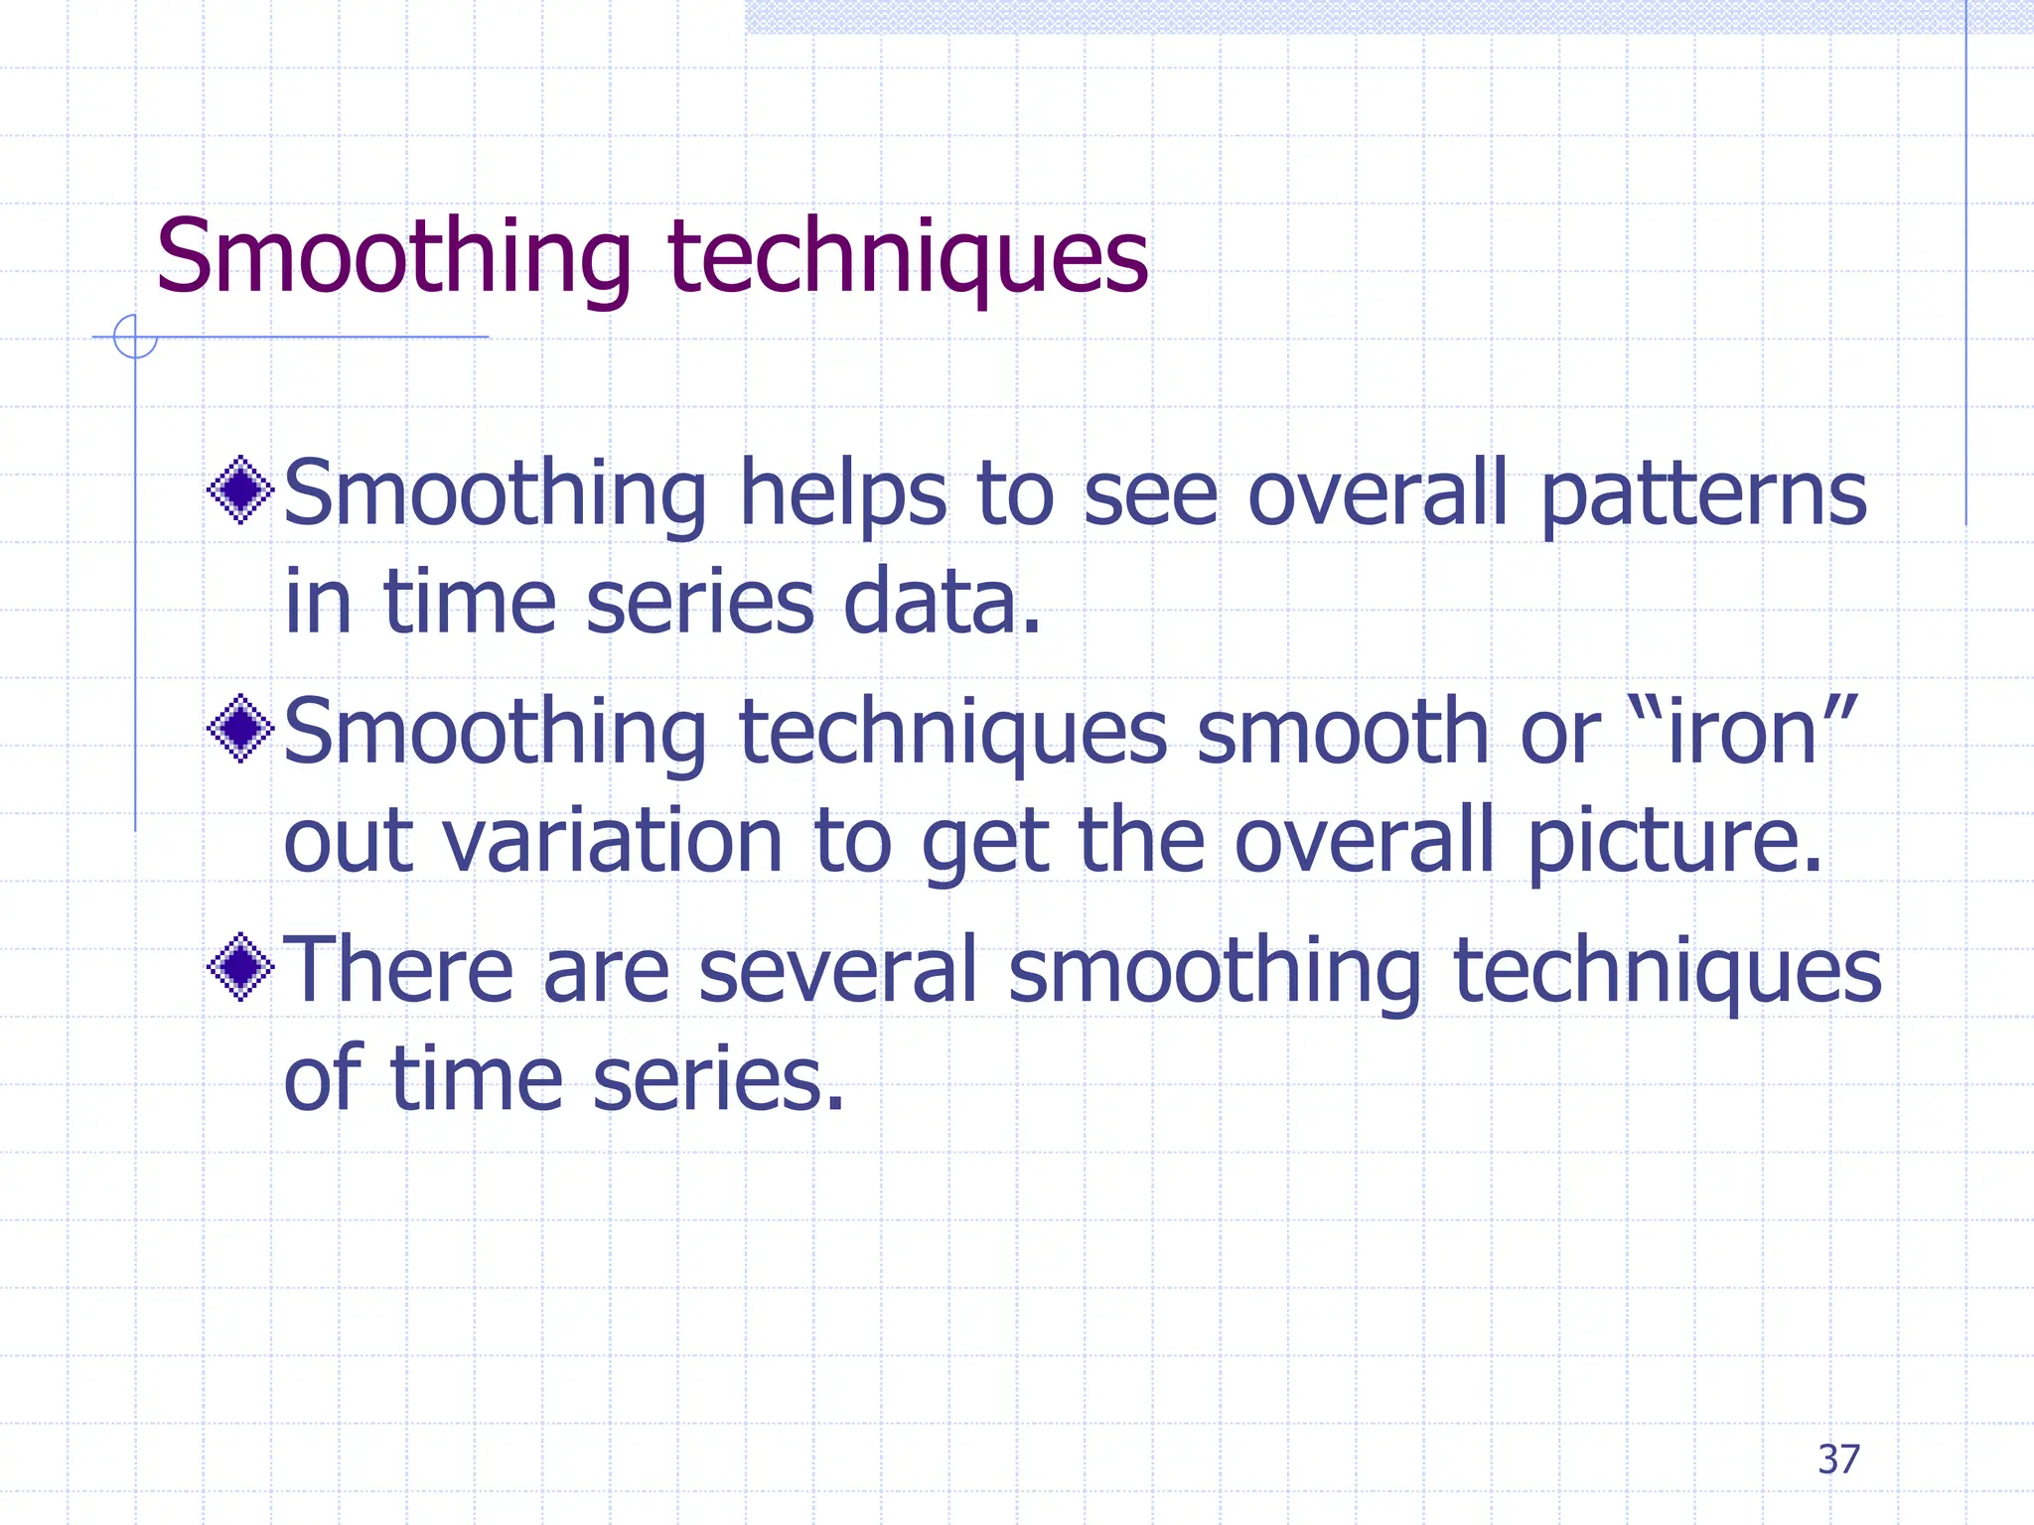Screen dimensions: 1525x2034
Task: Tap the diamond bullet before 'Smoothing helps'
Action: pyautogui.click(x=240, y=489)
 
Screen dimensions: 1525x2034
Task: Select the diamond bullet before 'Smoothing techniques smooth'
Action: pyautogui.click(x=240, y=729)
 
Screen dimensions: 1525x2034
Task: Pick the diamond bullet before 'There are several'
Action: pyautogui.click(x=240, y=967)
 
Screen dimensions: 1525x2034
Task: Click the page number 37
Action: pyautogui.click(x=1838, y=1459)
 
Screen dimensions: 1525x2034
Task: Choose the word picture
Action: pyautogui.click(x=1673, y=841)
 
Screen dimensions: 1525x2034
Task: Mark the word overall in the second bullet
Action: pyautogui.click(x=1364, y=841)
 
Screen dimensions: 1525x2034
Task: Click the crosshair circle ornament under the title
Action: pyautogui.click(x=135, y=337)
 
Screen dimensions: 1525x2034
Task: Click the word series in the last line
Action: pyautogui.click(x=718, y=1079)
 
